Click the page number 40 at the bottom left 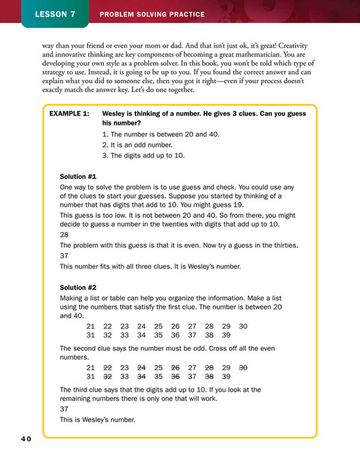[25, 439]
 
